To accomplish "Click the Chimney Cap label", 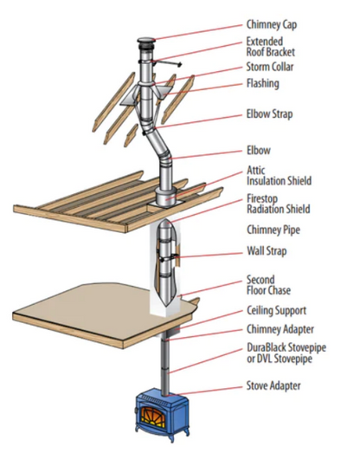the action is pos(272,24).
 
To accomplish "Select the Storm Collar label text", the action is pos(270,67).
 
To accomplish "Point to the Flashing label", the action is pos(263,83).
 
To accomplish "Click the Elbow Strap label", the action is pos(269,113).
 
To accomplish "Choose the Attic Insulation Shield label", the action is pos(279,176).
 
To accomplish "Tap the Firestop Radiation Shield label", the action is pos(278,204).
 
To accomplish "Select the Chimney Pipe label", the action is pos(273,230).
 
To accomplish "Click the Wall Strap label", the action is pos(267,251).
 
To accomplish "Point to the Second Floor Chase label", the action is pos(268,285).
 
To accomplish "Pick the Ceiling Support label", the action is pos(276,310).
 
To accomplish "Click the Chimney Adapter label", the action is pos(280,329).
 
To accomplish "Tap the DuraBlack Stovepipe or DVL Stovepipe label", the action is pos(286,353).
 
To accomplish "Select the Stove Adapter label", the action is pos(273,385).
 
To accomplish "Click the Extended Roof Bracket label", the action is pos(271,47).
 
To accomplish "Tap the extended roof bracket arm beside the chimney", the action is pos(167,63).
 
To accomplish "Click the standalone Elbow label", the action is pos(259,151).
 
